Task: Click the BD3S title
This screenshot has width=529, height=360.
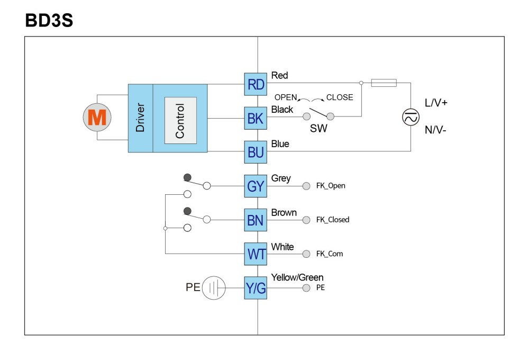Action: tap(49, 20)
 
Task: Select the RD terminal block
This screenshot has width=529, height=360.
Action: tap(256, 84)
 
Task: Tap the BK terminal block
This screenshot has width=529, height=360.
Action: tap(256, 118)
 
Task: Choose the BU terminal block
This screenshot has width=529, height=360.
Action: tap(256, 152)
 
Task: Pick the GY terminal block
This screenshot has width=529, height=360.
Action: tap(256, 186)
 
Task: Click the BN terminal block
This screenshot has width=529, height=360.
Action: tap(256, 220)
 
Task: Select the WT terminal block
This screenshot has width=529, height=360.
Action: tap(256, 254)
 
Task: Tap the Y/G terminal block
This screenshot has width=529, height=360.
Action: tap(256, 288)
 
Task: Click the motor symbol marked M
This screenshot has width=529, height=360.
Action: tap(97, 117)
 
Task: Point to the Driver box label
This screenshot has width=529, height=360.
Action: tap(140, 118)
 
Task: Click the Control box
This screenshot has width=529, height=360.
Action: tap(180, 121)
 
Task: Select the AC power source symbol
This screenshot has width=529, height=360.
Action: tap(411, 117)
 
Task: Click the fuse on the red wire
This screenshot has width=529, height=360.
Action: tap(384, 83)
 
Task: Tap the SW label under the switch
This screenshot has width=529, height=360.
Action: tap(318, 128)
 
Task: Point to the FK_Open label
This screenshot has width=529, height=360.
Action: tap(331, 186)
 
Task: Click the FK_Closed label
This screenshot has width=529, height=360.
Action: tap(333, 220)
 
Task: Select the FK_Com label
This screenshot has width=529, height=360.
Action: tap(330, 254)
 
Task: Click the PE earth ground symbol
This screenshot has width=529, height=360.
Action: tap(214, 288)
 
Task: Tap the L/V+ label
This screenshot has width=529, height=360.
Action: tap(436, 103)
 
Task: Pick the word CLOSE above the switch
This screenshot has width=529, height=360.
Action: tap(340, 97)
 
